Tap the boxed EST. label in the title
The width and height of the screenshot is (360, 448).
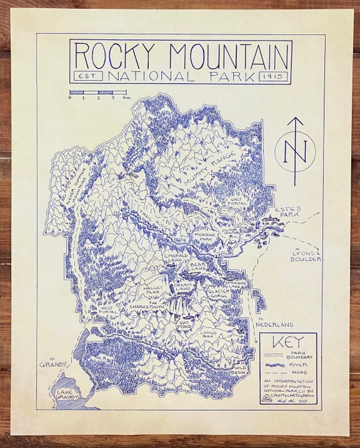(x=84, y=76)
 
